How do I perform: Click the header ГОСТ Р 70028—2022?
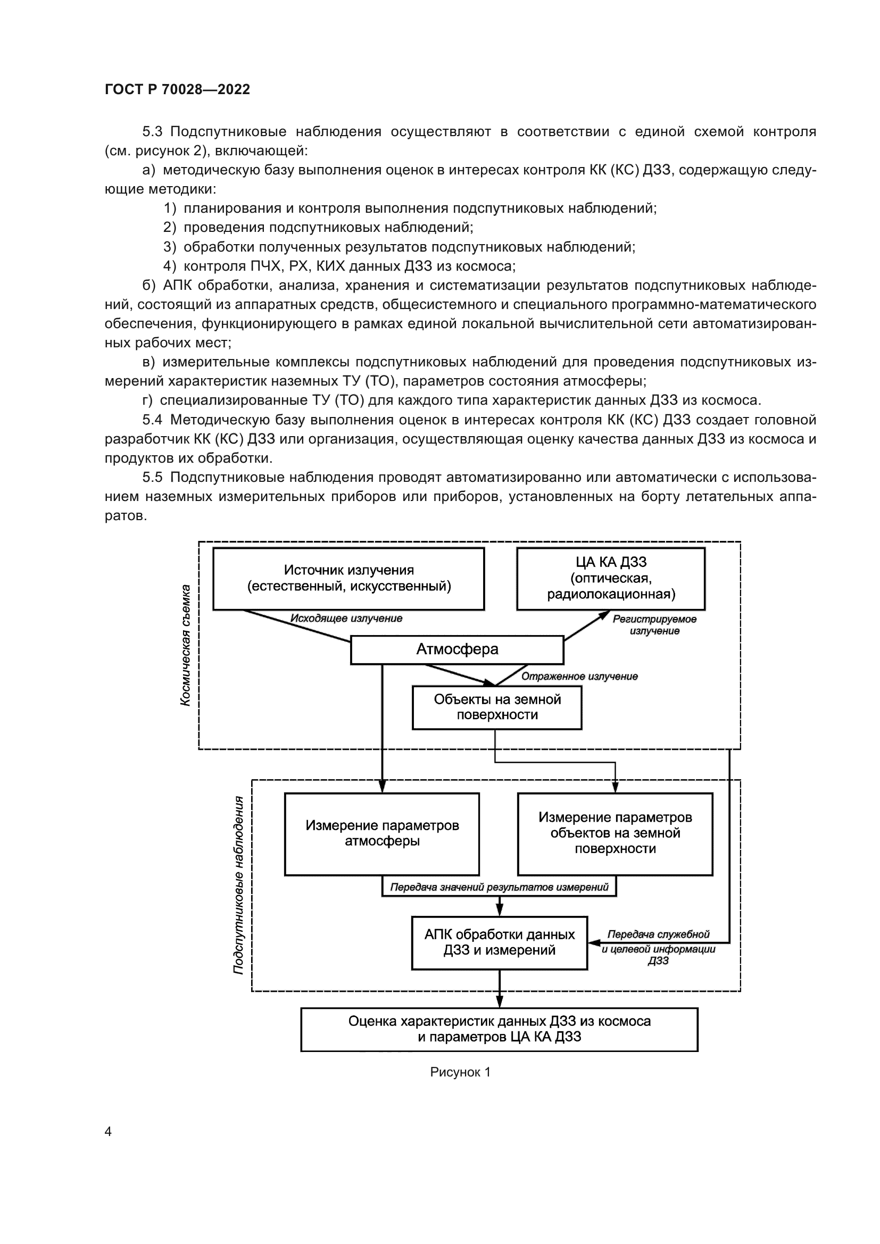(x=177, y=89)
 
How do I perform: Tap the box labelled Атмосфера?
(x=457, y=649)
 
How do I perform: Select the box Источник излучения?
(x=348, y=578)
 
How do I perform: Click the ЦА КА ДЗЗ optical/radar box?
(x=611, y=578)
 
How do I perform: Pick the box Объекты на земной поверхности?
(x=497, y=707)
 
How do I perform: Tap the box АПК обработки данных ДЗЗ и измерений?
(x=499, y=942)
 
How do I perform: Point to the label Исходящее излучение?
(x=346, y=619)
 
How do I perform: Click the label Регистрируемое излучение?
(x=654, y=625)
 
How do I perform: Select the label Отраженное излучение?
(x=579, y=676)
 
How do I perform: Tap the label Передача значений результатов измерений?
(x=499, y=887)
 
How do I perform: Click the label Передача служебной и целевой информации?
(x=658, y=948)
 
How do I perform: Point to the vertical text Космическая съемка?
(x=185, y=645)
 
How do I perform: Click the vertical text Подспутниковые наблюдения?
(x=238, y=885)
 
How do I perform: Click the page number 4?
(x=108, y=1132)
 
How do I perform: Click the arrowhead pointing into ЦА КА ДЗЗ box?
(x=604, y=614)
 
